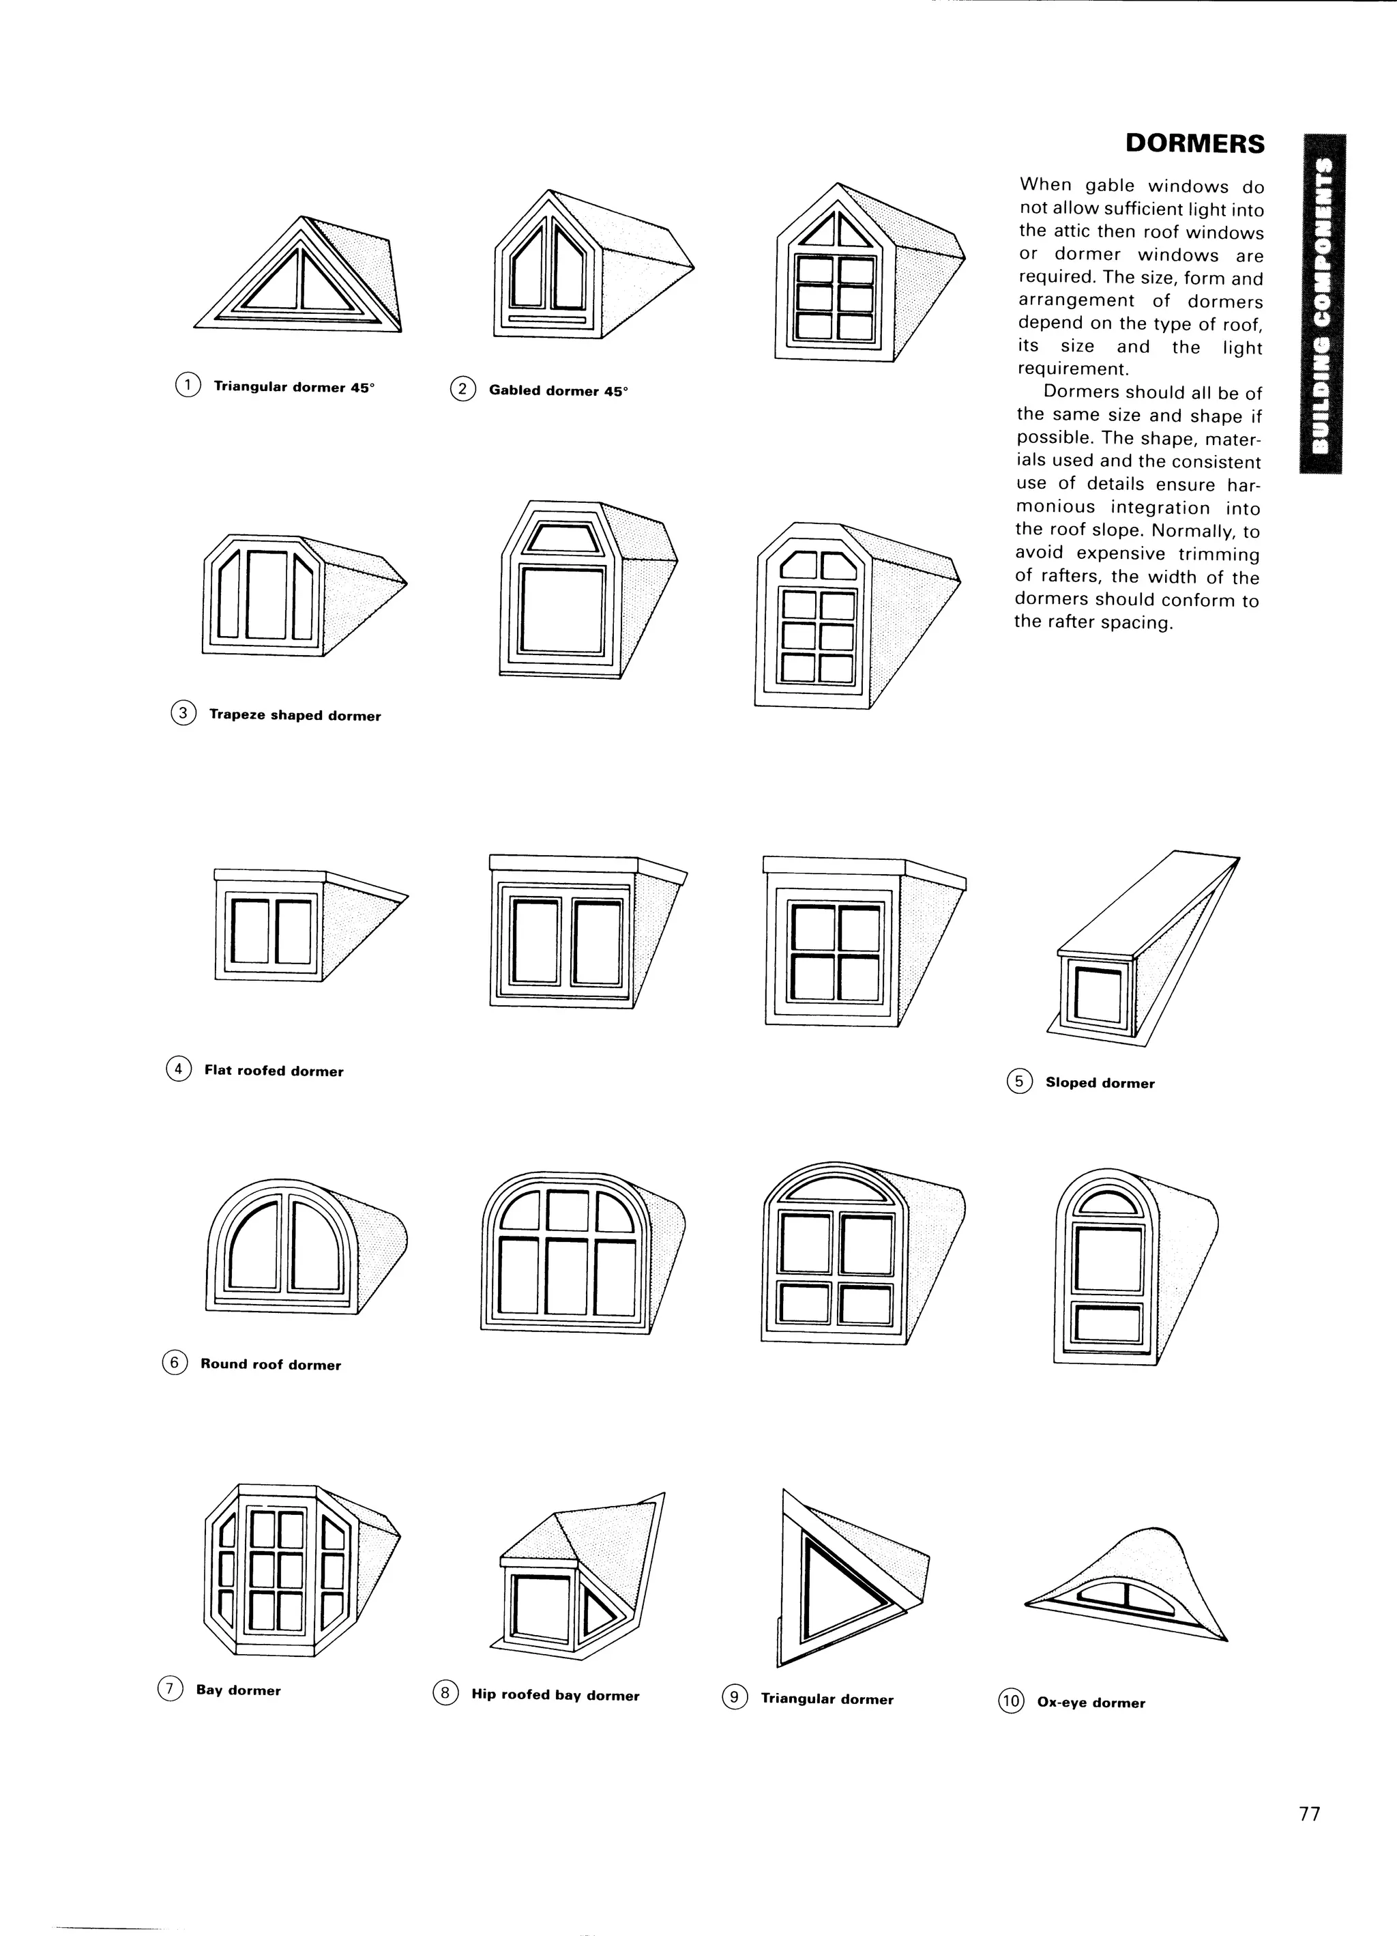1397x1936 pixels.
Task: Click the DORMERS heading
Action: pyautogui.click(x=1194, y=143)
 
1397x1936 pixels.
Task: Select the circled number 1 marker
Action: pyautogui.click(x=187, y=385)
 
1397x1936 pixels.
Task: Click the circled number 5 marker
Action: pyautogui.click(x=1019, y=1082)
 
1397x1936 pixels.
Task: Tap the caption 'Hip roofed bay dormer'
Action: pyautogui.click(x=555, y=1694)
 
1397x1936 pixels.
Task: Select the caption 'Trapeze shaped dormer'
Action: pyautogui.click(x=295, y=715)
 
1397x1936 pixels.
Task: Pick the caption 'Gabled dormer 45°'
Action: pyautogui.click(x=558, y=391)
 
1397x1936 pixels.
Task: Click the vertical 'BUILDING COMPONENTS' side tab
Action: pyautogui.click(x=1321, y=304)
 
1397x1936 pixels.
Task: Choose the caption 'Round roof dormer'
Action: pyautogui.click(x=271, y=1364)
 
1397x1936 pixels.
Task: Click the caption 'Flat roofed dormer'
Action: pyautogui.click(x=273, y=1071)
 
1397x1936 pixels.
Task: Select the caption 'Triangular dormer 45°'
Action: pyautogui.click(x=293, y=387)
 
